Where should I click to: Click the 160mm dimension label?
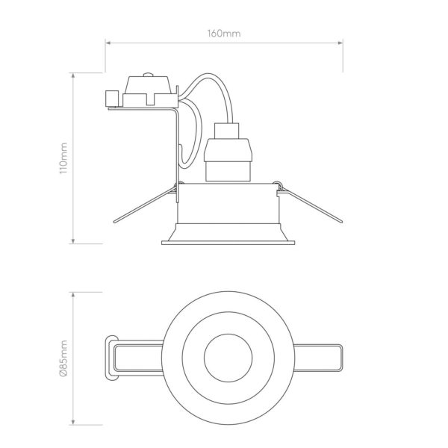pyautogui.click(x=224, y=34)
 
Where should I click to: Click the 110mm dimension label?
pyautogui.click(x=63, y=158)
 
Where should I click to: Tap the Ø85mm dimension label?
pyautogui.click(x=63, y=359)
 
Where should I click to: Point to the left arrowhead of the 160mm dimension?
pyautogui.click(x=108, y=43)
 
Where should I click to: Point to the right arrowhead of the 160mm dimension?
pyautogui.click(x=340, y=43)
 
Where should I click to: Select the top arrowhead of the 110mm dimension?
pyautogui.click(x=73, y=75)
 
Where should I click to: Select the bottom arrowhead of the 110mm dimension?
pyautogui.click(x=73, y=241)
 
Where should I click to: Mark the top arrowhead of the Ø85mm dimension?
pyautogui.click(x=73, y=295)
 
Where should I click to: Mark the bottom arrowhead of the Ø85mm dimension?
pyautogui.click(x=73, y=422)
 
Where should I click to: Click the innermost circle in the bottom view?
pyautogui.click(x=228, y=334)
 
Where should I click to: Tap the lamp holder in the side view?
pyautogui.click(x=228, y=152)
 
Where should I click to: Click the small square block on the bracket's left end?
pyautogui.click(x=112, y=99)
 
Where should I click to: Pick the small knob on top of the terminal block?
pyautogui.click(x=148, y=75)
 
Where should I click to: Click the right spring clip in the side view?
pyautogui.click(x=310, y=203)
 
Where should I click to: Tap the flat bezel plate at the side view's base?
pyautogui.click(x=228, y=243)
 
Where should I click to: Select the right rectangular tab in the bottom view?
pyautogui.click(x=318, y=358)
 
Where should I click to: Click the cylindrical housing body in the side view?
pyautogui.click(x=228, y=203)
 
